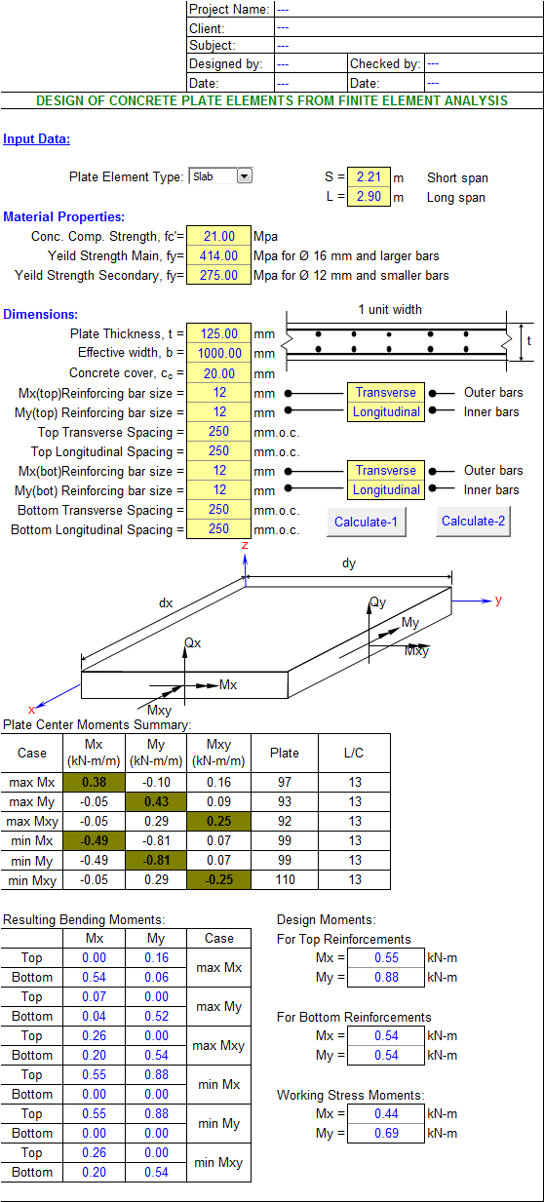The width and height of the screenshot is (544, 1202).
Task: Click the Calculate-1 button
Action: (x=367, y=523)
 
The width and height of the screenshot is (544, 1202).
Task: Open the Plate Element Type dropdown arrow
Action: (x=244, y=176)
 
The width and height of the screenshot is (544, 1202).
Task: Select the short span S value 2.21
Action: (x=369, y=177)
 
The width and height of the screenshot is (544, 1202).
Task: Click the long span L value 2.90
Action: (x=369, y=196)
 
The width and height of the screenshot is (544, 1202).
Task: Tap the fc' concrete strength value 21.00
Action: (x=219, y=236)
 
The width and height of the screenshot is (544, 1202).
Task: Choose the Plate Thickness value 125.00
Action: (x=219, y=333)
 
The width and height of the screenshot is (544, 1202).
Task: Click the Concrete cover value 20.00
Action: (x=219, y=373)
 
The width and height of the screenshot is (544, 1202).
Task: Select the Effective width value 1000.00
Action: (x=219, y=353)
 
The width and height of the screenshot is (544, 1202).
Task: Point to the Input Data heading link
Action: (x=36, y=139)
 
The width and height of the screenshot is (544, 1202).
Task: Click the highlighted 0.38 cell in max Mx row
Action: (x=94, y=783)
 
